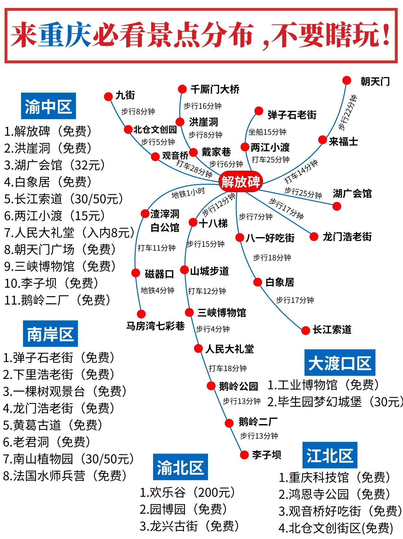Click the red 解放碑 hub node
click(x=240, y=182)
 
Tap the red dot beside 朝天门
click(x=347, y=80)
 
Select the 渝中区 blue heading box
click(x=48, y=106)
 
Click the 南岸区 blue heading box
click(x=50, y=334)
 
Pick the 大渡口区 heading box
click(x=339, y=363)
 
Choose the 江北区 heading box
click(x=330, y=455)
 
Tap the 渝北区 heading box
click(x=180, y=467)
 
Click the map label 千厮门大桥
click(x=215, y=89)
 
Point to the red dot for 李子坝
click(x=244, y=455)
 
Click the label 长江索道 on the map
click(x=332, y=330)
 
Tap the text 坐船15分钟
click(x=267, y=132)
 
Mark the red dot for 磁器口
click(x=136, y=273)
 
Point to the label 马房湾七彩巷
click(x=155, y=326)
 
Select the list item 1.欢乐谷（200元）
click(x=187, y=493)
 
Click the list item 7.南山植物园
click(x=68, y=459)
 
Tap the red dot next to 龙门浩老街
click(x=314, y=237)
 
